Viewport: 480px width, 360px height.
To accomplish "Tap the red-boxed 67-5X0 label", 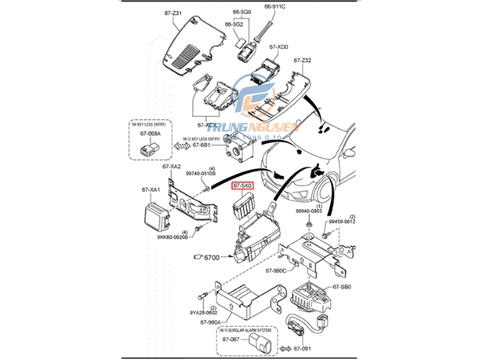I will [243, 188].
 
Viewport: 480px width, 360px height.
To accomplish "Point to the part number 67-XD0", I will [279, 47].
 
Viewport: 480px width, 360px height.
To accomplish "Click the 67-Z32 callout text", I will [303, 61].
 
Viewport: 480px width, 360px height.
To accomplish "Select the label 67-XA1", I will [151, 191].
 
